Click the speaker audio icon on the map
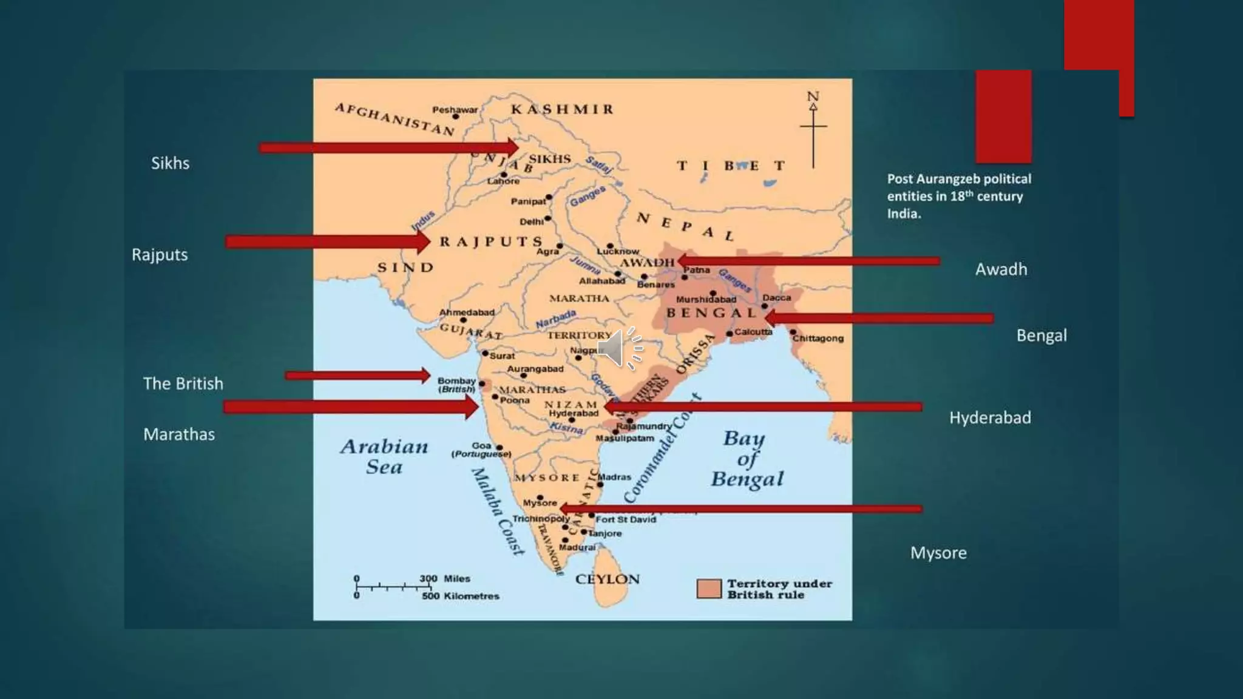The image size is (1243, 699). [x=620, y=348]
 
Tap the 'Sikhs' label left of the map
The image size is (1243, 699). [x=170, y=163]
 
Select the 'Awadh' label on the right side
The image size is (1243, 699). [x=1001, y=269]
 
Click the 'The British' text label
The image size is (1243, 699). [x=183, y=383]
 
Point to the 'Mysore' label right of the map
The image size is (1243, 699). [x=938, y=553]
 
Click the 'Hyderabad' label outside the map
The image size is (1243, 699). [x=989, y=417]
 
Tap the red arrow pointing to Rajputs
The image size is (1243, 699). [x=327, y=242]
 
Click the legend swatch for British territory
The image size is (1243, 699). [x=708, y=589]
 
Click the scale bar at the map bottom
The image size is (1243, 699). [x=393, y=587]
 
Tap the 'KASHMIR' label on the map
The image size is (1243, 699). [x=562, y=110]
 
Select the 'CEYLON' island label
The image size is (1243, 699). [x=607, y=579]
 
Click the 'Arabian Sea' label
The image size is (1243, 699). [x=384, y=456]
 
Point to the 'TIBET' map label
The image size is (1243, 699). [x=731, y=166]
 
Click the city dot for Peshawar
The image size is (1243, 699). [x=456, y=116]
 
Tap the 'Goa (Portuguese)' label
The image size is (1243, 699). [x=481, y=450]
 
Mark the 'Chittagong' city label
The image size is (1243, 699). [x=818, y=338]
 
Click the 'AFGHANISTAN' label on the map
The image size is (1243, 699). [x=395, y=119]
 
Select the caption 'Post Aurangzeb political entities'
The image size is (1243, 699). [x=958, y=196]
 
